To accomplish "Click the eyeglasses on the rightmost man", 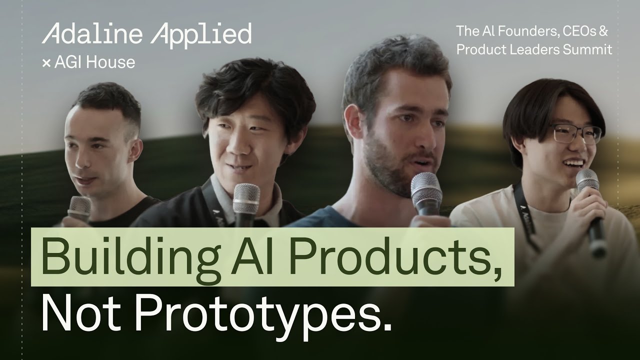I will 575,133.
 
